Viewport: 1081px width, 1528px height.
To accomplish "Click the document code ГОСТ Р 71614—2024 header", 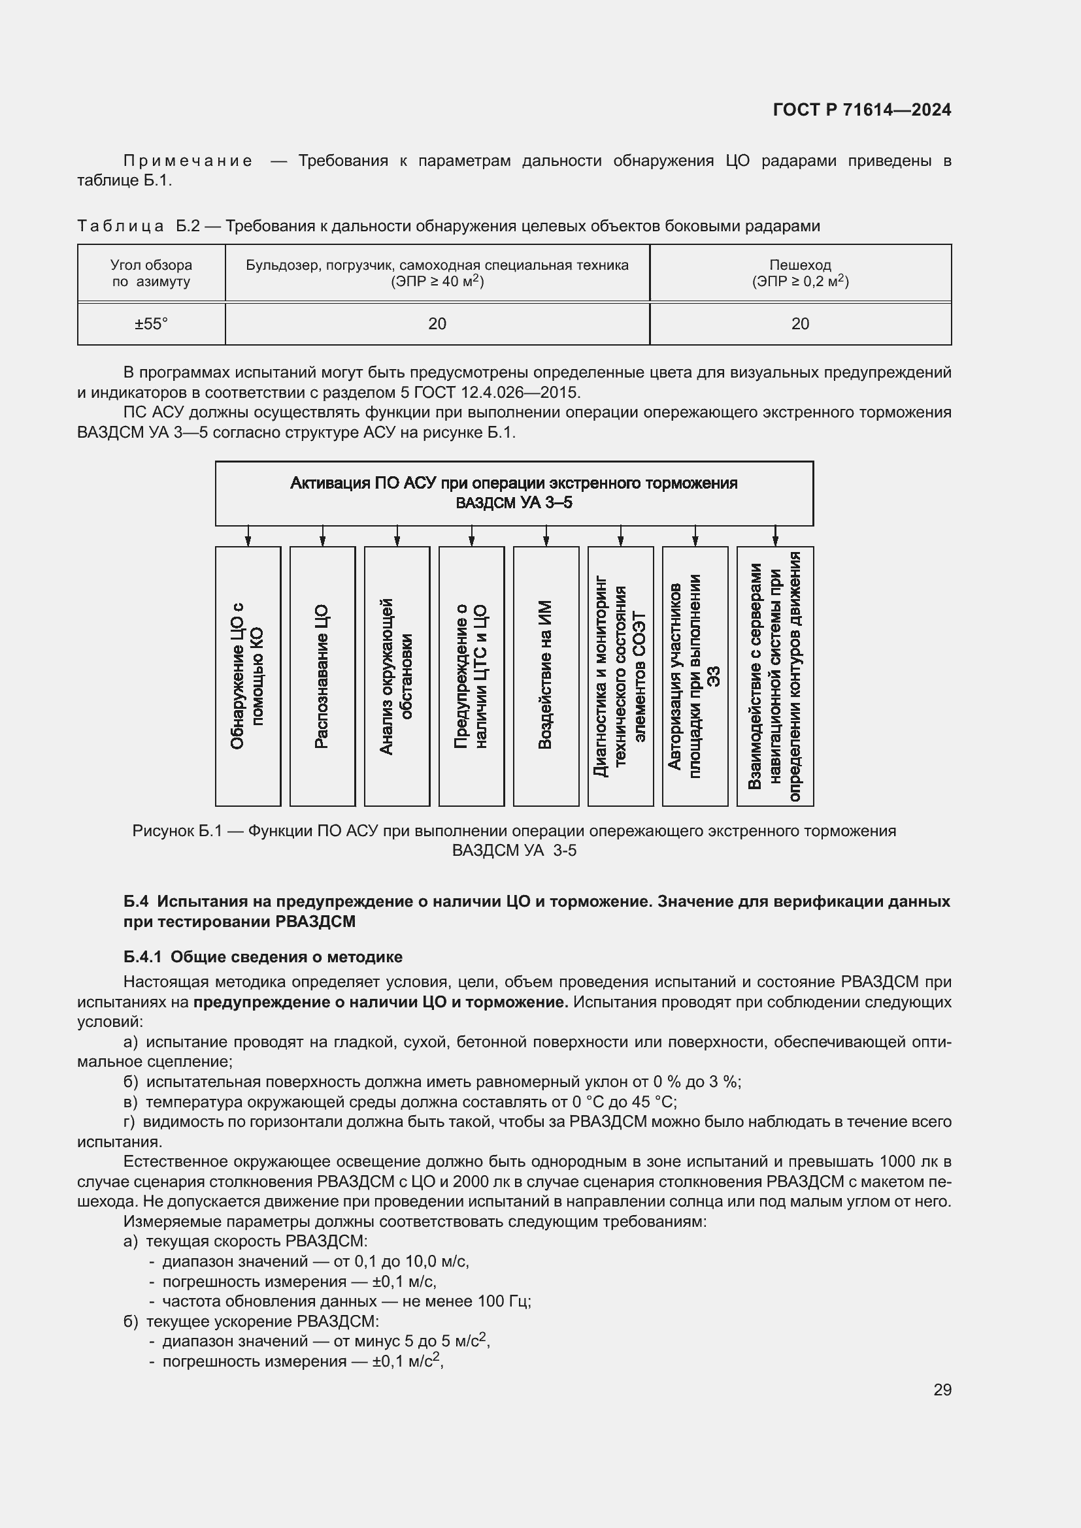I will point(862,110).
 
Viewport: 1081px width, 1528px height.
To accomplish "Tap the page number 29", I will point(942,1390).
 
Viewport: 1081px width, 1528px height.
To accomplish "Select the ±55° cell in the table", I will point(151,324).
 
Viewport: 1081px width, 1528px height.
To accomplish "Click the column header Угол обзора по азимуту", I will point(151,273).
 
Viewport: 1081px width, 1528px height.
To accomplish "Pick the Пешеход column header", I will point(800,273).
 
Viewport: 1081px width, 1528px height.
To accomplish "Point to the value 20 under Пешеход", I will point(800,324).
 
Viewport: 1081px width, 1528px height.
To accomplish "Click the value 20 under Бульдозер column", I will point(437,324).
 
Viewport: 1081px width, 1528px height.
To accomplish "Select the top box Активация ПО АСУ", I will point(514,493).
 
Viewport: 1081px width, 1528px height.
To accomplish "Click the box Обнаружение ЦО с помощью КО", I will point(248,676).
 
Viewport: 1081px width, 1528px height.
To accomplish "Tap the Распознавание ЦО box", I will point(322,676).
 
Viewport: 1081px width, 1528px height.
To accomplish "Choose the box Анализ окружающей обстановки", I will point(397,676).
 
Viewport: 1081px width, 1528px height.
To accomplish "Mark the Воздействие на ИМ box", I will point(546,676).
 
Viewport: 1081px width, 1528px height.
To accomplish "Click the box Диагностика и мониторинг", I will point(620,676).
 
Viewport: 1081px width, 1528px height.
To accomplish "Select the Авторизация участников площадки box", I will point(695,676).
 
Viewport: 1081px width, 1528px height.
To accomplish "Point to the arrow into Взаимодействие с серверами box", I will point(775,536).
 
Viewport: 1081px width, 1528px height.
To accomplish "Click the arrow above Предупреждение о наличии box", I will point(471,536).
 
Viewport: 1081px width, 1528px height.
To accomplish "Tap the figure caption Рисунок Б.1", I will point(514,841).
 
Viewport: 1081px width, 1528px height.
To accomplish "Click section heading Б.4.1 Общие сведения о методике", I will point(263,957).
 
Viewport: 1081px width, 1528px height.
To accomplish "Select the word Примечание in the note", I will point(188,161).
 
